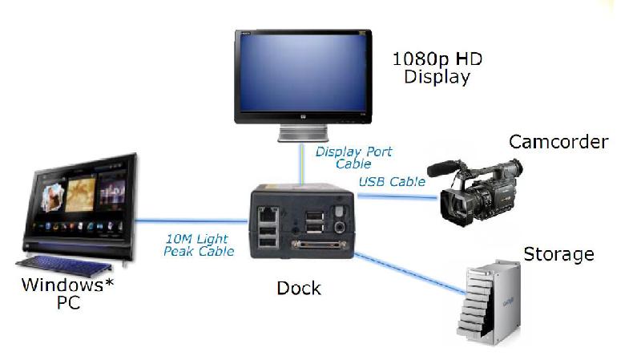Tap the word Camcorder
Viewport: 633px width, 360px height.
[x=558, y=143]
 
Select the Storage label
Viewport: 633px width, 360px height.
[x=558, y=255]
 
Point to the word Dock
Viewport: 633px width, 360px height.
[x=298, y=286]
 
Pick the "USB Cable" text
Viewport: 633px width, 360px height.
[x=392, y=182]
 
